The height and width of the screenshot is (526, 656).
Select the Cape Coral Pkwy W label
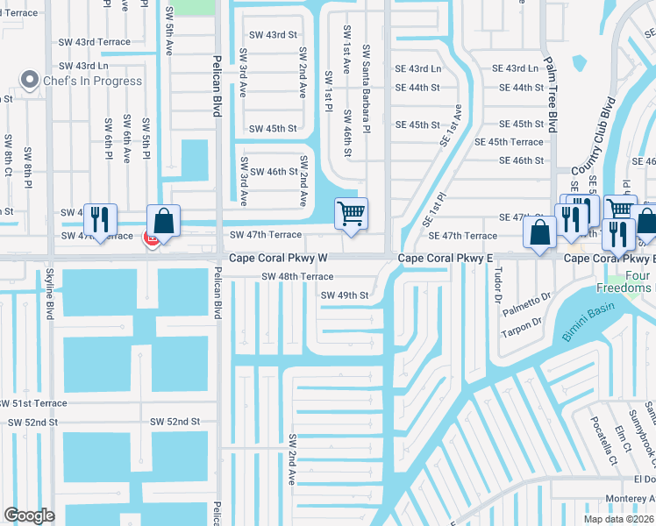[x=278, y=259]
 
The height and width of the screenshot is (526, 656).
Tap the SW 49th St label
[x=344, y=295]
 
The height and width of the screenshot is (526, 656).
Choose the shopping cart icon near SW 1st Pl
[x=351, y=213]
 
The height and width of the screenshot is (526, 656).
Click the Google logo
[x=29, y=515]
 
